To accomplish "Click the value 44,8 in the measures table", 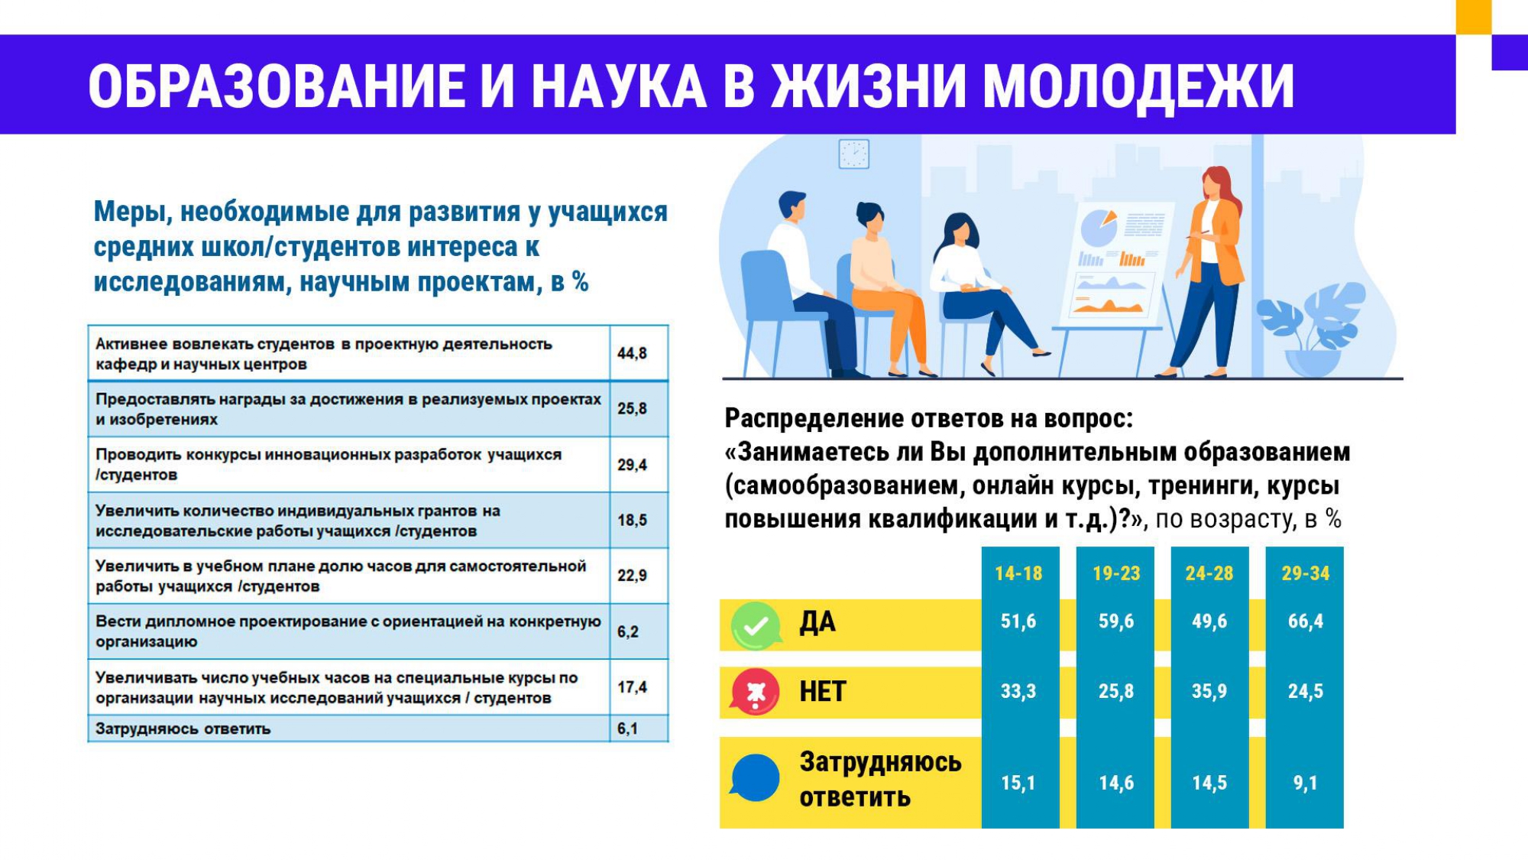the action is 632,353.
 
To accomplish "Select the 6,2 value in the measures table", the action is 627,631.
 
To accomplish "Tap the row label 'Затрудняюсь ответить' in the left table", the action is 183,729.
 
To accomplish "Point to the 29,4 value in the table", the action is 632,465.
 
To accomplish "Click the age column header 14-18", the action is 1018,573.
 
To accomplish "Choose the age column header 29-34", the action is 1305,573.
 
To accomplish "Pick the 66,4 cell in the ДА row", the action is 1305,621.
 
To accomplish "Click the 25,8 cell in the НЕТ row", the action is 1115,691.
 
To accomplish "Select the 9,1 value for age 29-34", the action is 1305,783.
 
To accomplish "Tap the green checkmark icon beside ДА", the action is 756,626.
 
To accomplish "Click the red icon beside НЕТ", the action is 755,692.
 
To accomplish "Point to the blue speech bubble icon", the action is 755,777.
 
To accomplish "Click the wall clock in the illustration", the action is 853,154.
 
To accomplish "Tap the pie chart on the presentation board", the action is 1099,228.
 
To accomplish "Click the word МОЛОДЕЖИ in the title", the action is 1138,86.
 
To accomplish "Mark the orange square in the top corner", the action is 1474,17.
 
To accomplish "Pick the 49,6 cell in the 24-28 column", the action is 1209,621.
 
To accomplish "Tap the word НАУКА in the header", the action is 618,86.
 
